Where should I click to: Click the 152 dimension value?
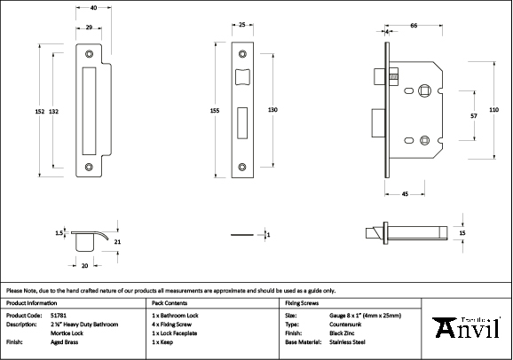pos(40,111)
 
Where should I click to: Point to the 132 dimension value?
pos(54,111)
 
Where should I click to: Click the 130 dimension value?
pos(272,108)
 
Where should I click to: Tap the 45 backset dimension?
pos(404,193)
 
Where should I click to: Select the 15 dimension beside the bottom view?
pos(462,232)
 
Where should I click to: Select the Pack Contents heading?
pos(171,302)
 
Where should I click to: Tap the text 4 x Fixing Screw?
pos(175,324)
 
